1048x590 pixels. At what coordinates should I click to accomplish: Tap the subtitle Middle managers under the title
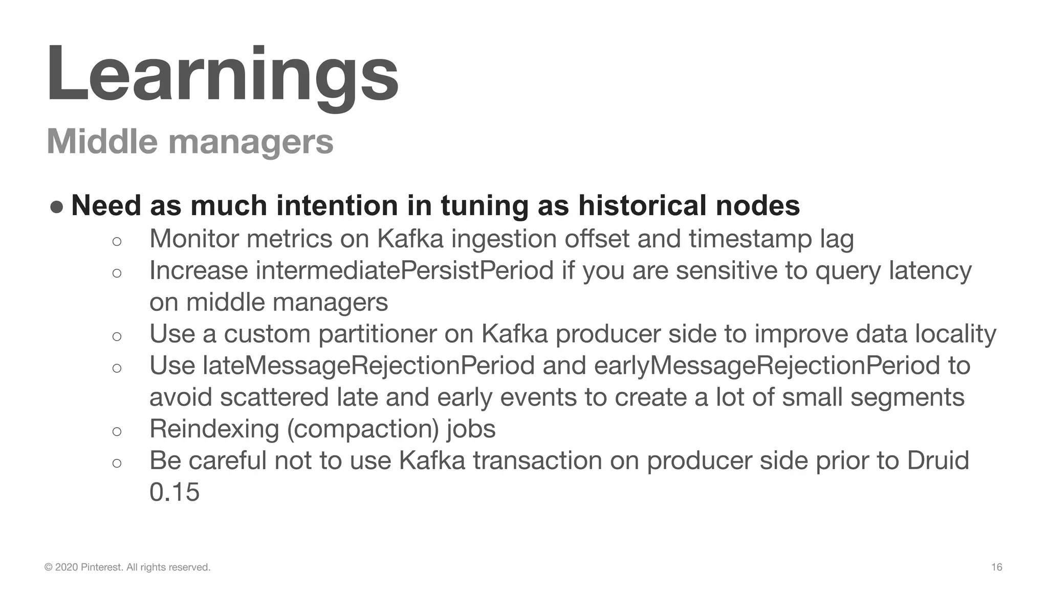190,141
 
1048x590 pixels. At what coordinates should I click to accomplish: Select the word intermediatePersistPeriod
404,270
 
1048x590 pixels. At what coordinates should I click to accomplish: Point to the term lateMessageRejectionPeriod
368,365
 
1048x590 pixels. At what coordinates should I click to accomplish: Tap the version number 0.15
174,492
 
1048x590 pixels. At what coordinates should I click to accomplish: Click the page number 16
996,567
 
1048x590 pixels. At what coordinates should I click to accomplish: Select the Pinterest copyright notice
127,567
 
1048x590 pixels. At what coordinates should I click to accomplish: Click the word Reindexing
214,429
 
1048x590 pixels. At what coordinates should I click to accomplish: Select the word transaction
537,460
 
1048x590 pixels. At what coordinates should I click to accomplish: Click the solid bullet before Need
57,206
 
